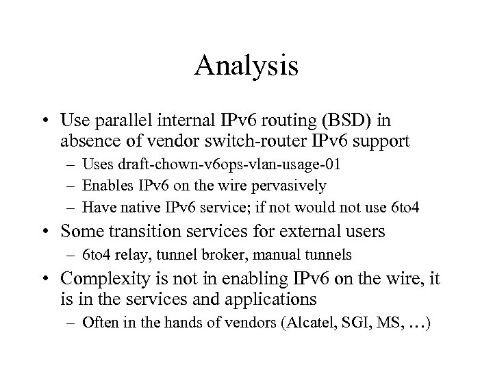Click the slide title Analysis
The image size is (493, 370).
pos(246,66)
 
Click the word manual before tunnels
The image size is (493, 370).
pos(280,256)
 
